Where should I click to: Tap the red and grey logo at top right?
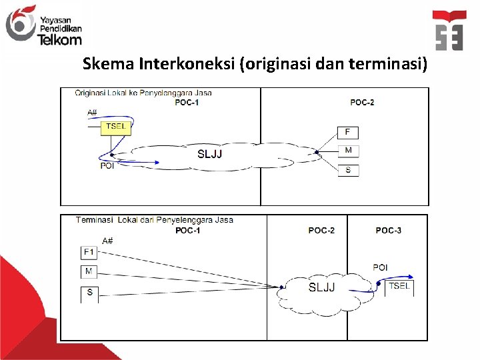(449, 31)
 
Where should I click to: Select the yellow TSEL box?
(115, 127)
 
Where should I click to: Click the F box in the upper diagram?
(347, 132)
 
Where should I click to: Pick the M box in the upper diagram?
(347, 151)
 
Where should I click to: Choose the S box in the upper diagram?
(347, 170)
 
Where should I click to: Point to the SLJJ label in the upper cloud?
(210, 154)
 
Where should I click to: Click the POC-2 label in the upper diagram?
(362, 102)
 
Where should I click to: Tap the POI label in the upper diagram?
(107, 166)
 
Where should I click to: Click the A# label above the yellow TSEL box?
(92, 113)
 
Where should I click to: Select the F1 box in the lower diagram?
(89, 252)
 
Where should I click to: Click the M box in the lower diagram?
(89, 271)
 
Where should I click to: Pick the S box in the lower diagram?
(89, 293)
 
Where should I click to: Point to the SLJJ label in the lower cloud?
(321, 287)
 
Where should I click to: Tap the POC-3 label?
(389, 231)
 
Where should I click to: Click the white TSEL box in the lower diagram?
(399, 287)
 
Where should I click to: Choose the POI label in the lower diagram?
(380, 267)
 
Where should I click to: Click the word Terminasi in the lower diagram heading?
(95, 219)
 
